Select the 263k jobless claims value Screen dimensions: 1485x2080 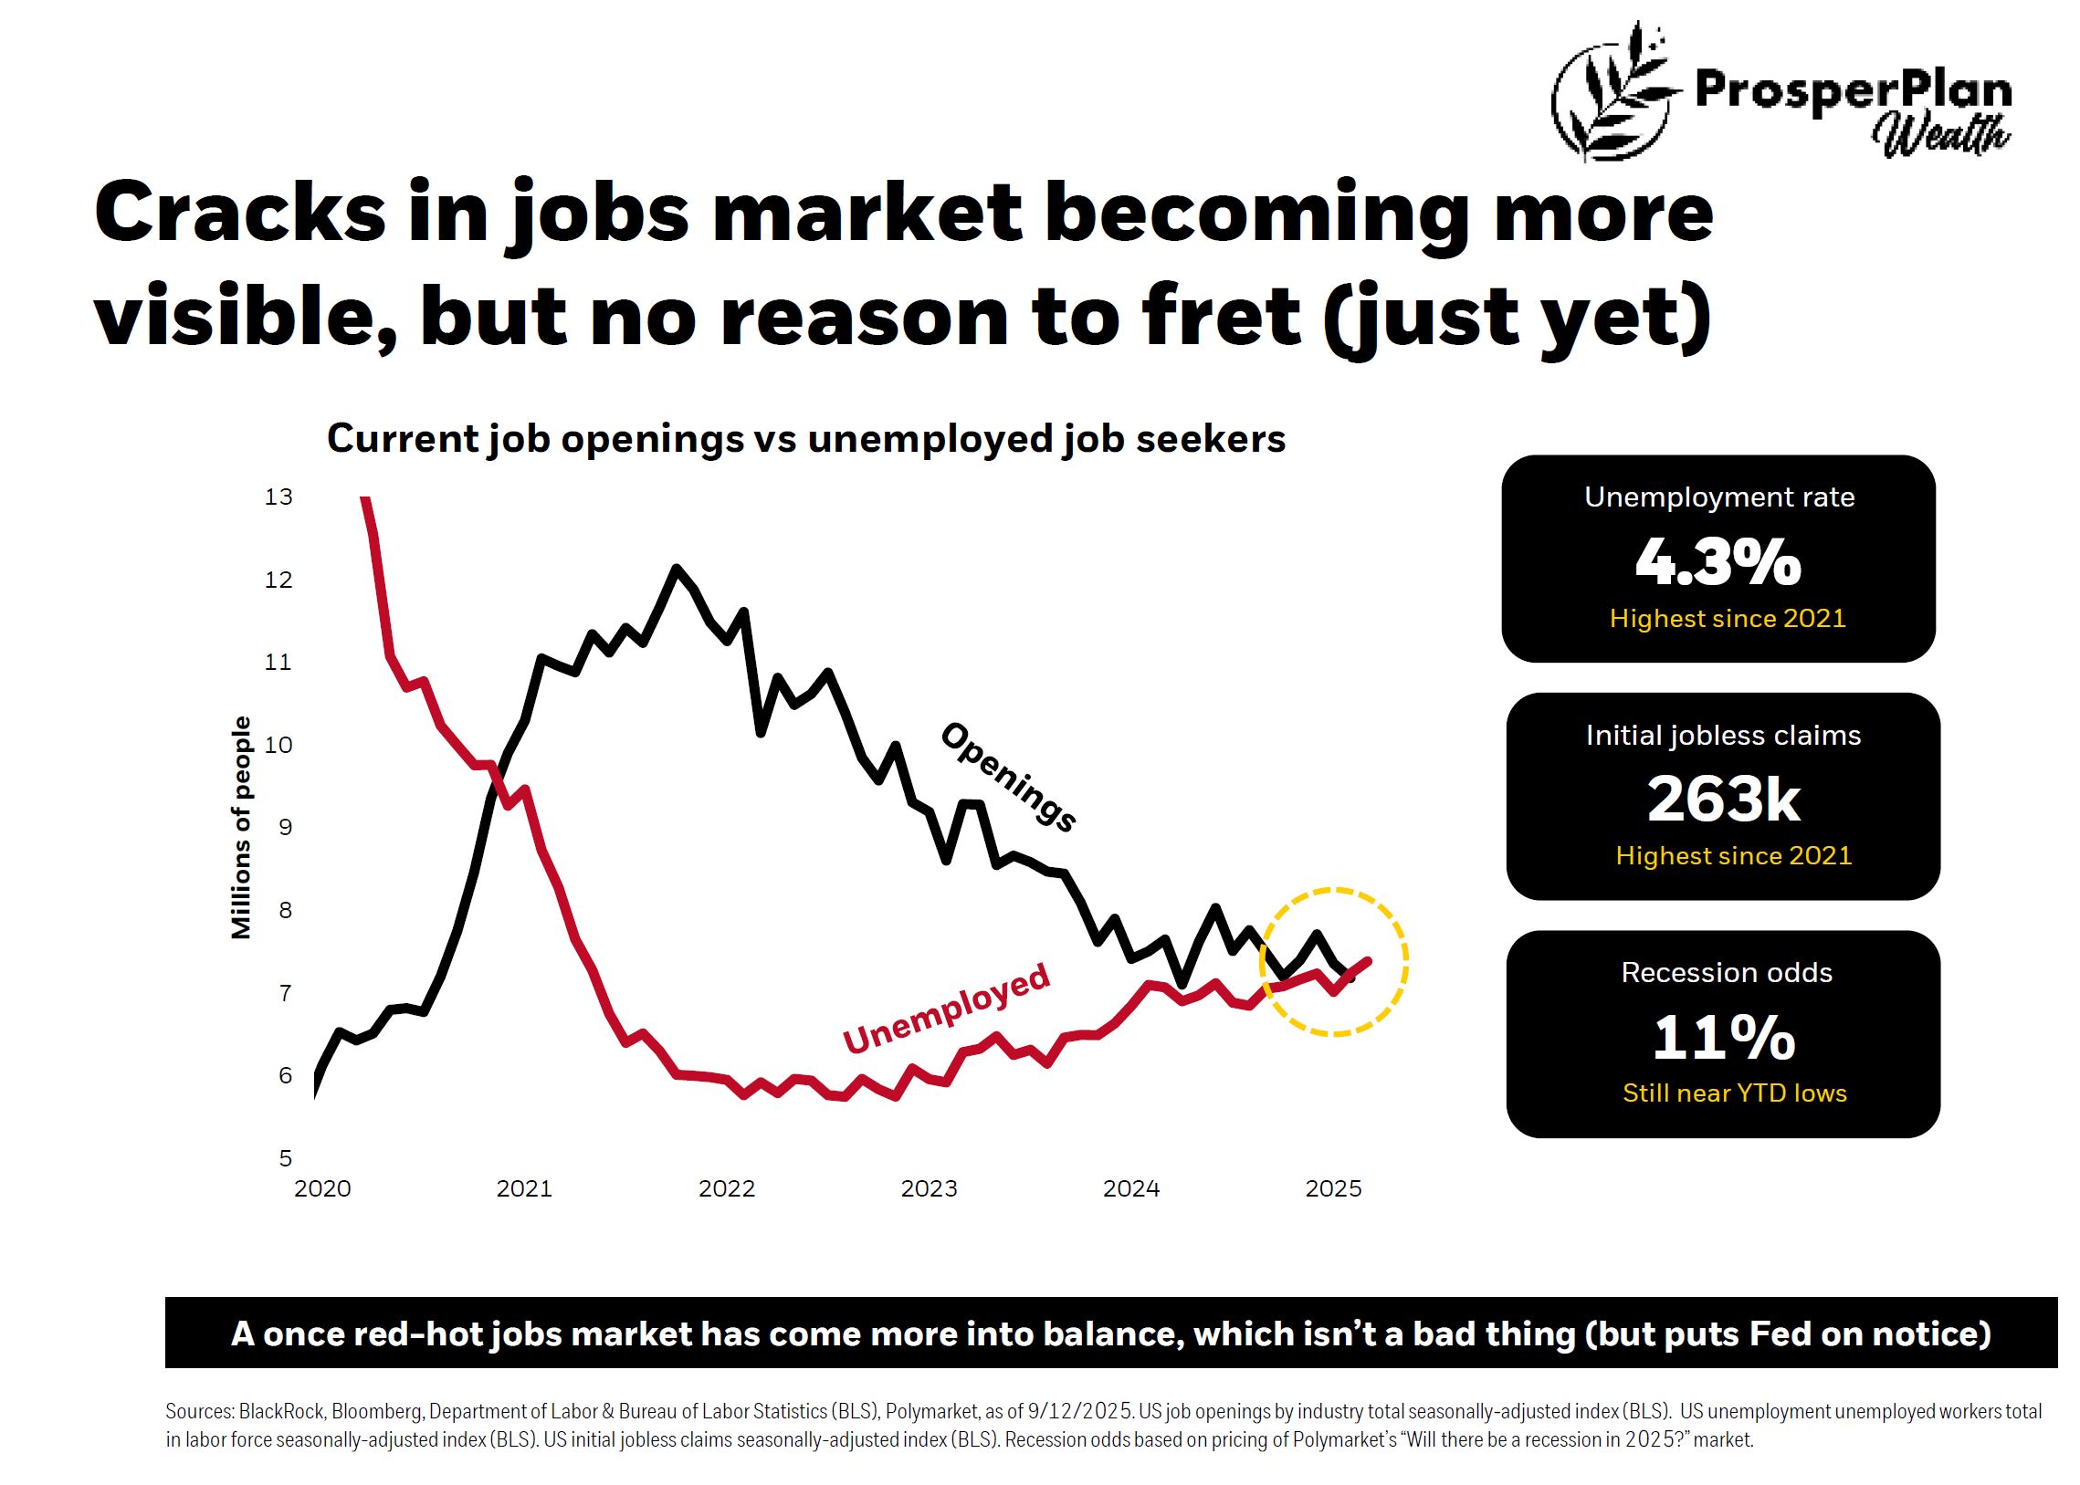pos(1722,800)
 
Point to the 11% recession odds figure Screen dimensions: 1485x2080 pos(1722,1037)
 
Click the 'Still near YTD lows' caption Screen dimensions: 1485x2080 pos(1733,1093)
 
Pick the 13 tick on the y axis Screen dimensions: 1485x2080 pos(278,497)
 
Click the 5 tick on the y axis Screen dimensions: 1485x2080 pos(286,1157)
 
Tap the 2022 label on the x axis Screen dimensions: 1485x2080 pos(726,1188)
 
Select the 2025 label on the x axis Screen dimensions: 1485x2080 pos(1333,1188)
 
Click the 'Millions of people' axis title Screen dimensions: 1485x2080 pos(240,827)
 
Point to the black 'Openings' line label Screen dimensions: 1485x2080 pos(1008,777)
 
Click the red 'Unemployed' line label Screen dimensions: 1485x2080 pos(946,1008)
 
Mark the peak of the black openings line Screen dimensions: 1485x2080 pos(676,569)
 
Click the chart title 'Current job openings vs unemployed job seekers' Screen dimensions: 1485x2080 pos(806,439)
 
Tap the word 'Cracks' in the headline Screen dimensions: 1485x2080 pos(239,212)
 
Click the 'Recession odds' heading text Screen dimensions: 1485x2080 pos(1726,972)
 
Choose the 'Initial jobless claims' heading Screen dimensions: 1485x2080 pos(1722,735)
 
